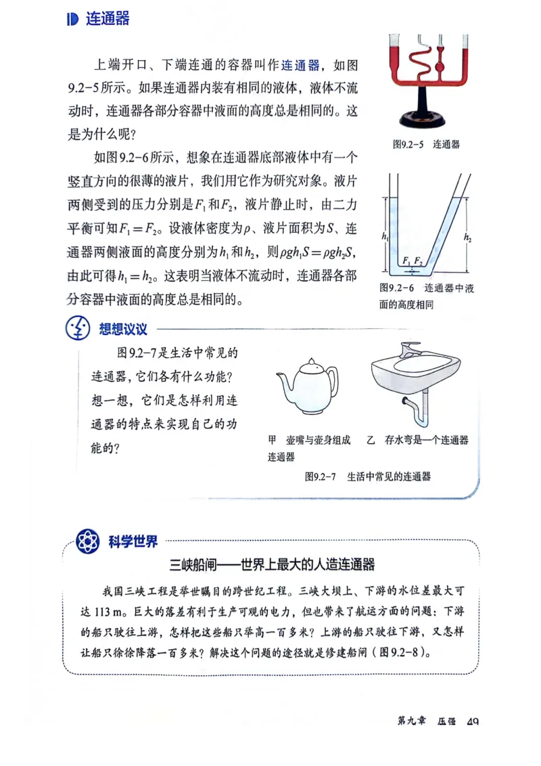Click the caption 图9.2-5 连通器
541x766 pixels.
click(x=426, y=144)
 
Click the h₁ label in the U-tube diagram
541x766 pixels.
click(x=385, y=238)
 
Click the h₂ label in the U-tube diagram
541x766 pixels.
click(x=468, y=237)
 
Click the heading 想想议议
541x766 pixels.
click(x=123, y=329)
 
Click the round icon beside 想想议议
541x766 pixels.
click(x=78, y=330)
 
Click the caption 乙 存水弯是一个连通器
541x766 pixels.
click(x=417, y=440)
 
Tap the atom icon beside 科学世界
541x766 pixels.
click(x=87, y=541)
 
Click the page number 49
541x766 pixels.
click(x=473, y=722)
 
